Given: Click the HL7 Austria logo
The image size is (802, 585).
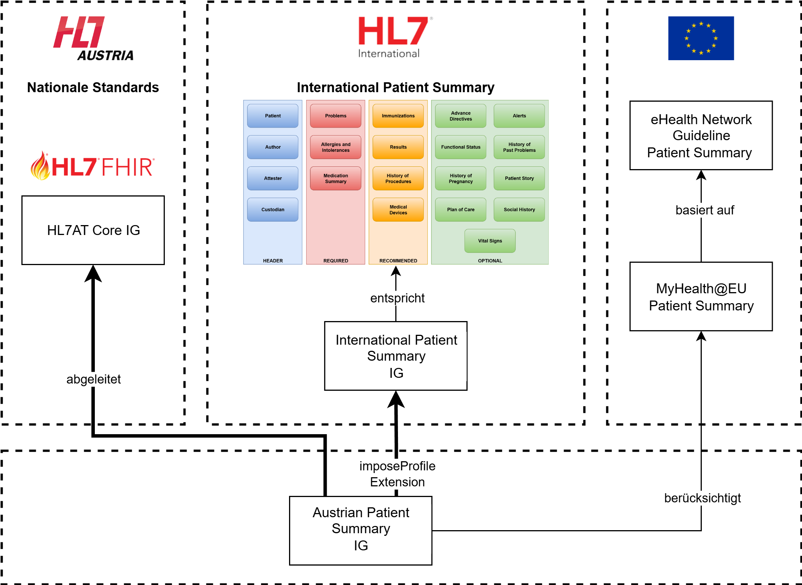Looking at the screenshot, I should (x=93, y=38).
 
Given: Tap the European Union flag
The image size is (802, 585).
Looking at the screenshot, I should (x=701, y=38).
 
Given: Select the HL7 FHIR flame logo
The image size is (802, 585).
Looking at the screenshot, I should (x=93, y=166).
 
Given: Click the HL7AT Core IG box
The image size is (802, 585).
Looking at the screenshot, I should (x=93, y=230).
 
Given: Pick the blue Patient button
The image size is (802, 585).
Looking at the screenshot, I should (x=273, y=116).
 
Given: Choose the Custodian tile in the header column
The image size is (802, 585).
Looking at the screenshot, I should (x=273, y=209).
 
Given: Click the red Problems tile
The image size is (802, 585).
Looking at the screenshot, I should (x=335, y=116).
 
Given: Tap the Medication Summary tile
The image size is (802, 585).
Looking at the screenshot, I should (x=335, y=178).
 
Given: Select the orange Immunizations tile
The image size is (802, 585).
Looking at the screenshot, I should (x=398, y=116).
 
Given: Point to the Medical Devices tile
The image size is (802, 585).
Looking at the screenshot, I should (x=398, y=209).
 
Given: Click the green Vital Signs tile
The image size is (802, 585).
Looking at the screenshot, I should (x=490, y=241).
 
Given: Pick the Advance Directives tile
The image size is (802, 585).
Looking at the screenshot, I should (x=460, y=116).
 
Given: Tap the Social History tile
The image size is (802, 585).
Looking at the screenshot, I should (x=519, y=209).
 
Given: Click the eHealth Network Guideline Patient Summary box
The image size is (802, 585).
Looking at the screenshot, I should (x=701, y=136).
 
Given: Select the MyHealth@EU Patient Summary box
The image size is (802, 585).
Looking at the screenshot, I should (x=701, y=296).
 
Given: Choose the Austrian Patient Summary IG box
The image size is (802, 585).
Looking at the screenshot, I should (x=361, y=531).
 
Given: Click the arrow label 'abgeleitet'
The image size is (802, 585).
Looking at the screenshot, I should (x=93, y=379).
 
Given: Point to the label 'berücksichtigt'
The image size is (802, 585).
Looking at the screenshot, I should (x=702, y=498).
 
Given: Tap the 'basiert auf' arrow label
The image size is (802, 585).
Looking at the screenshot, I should (x=705, y=210).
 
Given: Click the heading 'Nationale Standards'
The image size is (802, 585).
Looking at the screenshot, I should (x=93, y=88).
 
